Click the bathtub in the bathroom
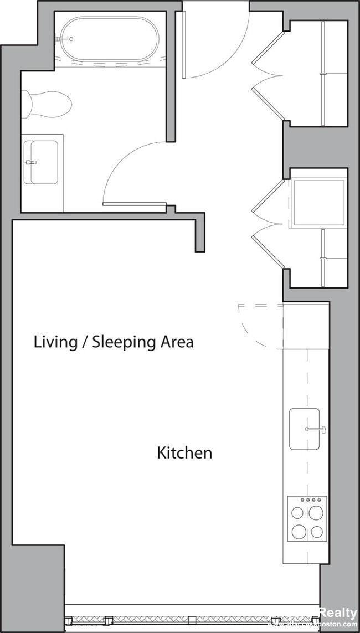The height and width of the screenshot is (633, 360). pos(109,39)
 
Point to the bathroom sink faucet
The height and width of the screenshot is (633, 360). pos(30,162)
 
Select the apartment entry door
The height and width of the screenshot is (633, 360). pos(184,44)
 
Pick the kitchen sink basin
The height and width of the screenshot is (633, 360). pos(304,429)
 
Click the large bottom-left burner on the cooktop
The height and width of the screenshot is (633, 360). pos(299,532)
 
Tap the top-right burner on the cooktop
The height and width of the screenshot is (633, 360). pos(316,513)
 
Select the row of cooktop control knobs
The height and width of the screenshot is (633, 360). pos(307,500)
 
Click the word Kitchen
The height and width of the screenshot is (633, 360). pos(184,453)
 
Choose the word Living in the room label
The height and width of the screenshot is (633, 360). pos(55,342)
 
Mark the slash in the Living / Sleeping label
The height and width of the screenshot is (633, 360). pos(85,342)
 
